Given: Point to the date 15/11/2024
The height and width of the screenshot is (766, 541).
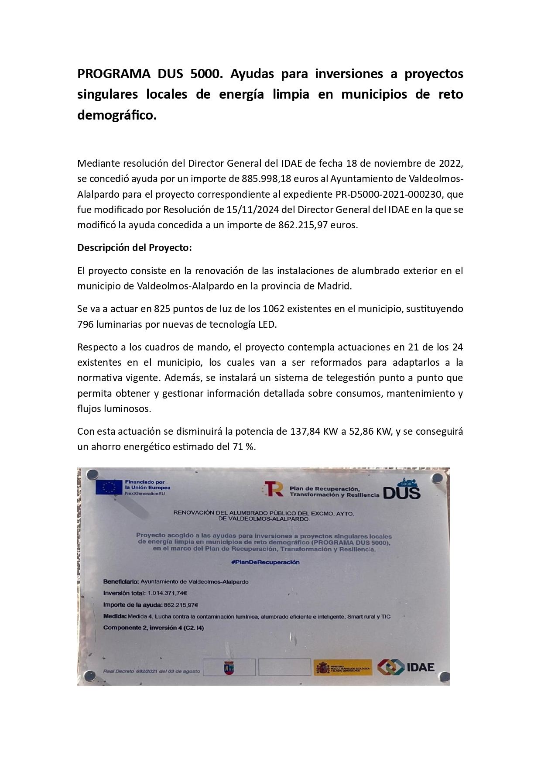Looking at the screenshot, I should coord(253,210).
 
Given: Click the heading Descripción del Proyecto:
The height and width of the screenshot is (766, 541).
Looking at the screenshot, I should coord(134,247).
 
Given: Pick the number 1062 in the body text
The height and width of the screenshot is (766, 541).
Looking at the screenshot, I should coord(274,309).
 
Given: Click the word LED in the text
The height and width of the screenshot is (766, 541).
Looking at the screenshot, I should coord(267,324).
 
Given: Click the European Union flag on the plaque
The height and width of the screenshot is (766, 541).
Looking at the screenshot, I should coord(109,487).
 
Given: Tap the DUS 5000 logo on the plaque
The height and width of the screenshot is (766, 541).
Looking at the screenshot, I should coord(402,490).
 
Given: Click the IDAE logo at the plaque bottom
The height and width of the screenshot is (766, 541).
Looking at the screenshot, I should coord(406,667).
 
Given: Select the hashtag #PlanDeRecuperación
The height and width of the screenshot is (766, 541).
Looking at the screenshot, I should coord(265,562).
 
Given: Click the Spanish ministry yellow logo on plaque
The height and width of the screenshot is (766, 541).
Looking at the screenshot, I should coord(342,667).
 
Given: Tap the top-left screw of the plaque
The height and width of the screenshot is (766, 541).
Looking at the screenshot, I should coord(92,474).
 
